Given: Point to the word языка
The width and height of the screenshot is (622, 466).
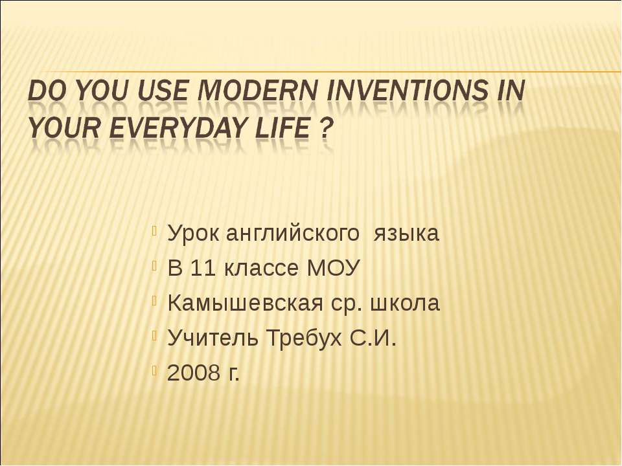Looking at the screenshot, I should click(407, 234).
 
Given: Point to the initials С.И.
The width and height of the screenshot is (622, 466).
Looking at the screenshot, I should click(371, 338).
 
